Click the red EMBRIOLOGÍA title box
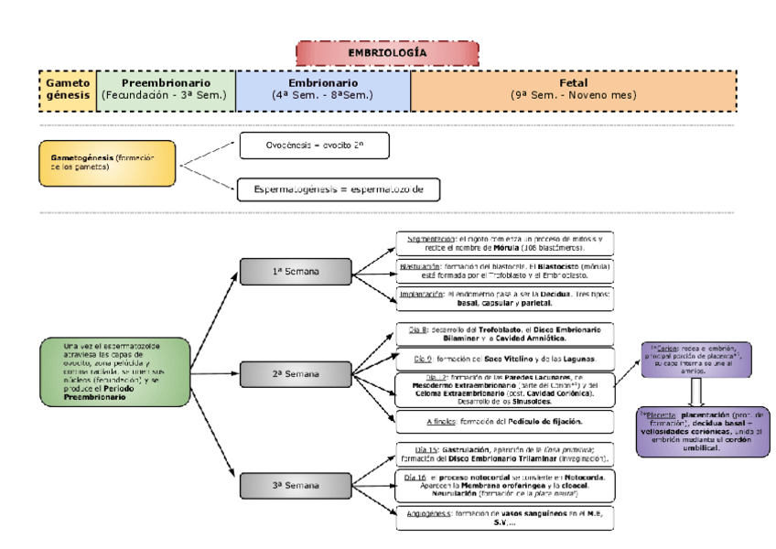pos(386,53)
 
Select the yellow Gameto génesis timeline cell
pos(67,89)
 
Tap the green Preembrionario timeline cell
pos(166,89)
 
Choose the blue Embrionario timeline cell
pos(322,89)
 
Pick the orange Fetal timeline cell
pos(572,89)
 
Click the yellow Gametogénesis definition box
pos(107,163)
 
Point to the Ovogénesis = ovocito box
pos(314,145)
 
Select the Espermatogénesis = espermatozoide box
pos(339,189)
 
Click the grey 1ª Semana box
pos(296,272)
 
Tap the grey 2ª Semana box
pos(296,374)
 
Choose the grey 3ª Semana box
pos(296,485)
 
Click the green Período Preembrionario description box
pos(115,372)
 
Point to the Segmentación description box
pos(505,242)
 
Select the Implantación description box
pos(505,298)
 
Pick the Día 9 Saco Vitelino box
pos(505,359)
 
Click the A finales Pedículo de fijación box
pos(505,421)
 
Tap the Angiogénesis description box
pos(505,518)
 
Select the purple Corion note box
pos(696,359)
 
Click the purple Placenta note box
pos(695,430)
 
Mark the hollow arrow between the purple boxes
pos(696,392)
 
